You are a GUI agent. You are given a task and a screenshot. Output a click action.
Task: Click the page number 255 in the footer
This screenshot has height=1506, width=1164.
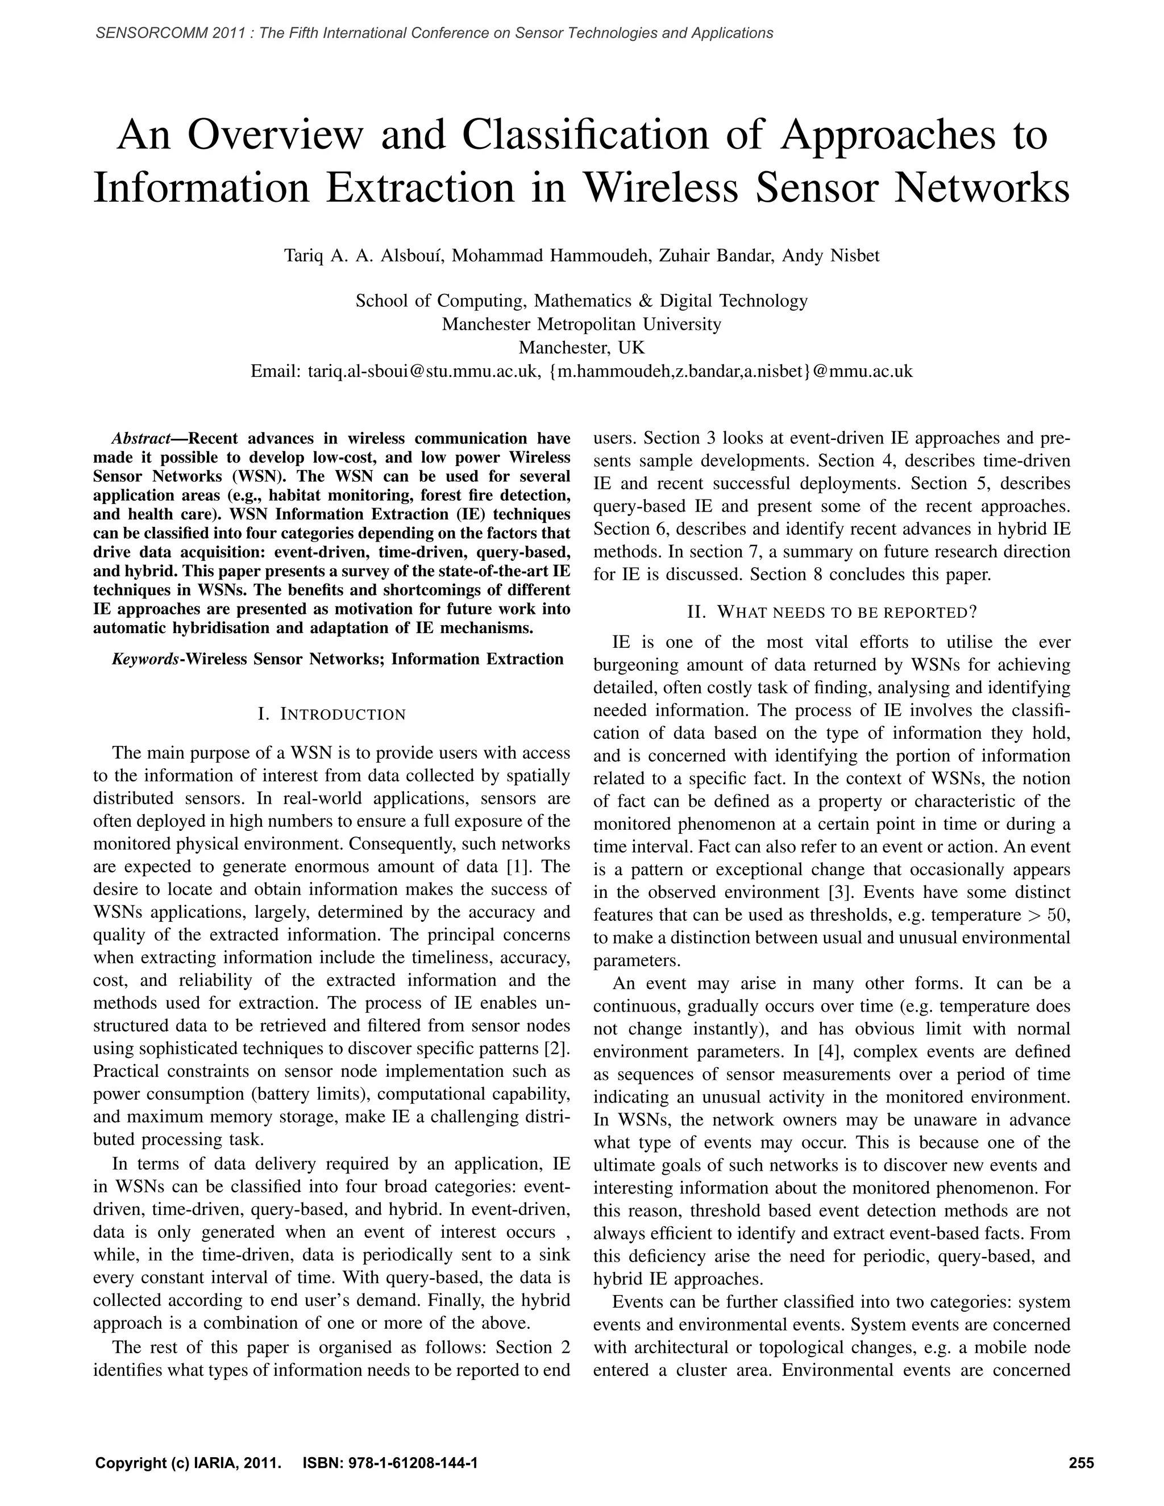[1080, 1457]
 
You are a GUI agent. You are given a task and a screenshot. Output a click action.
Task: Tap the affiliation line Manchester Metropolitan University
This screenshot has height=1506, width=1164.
[581, 324]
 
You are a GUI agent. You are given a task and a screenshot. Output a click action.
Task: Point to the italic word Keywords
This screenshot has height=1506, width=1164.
[145, 659]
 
